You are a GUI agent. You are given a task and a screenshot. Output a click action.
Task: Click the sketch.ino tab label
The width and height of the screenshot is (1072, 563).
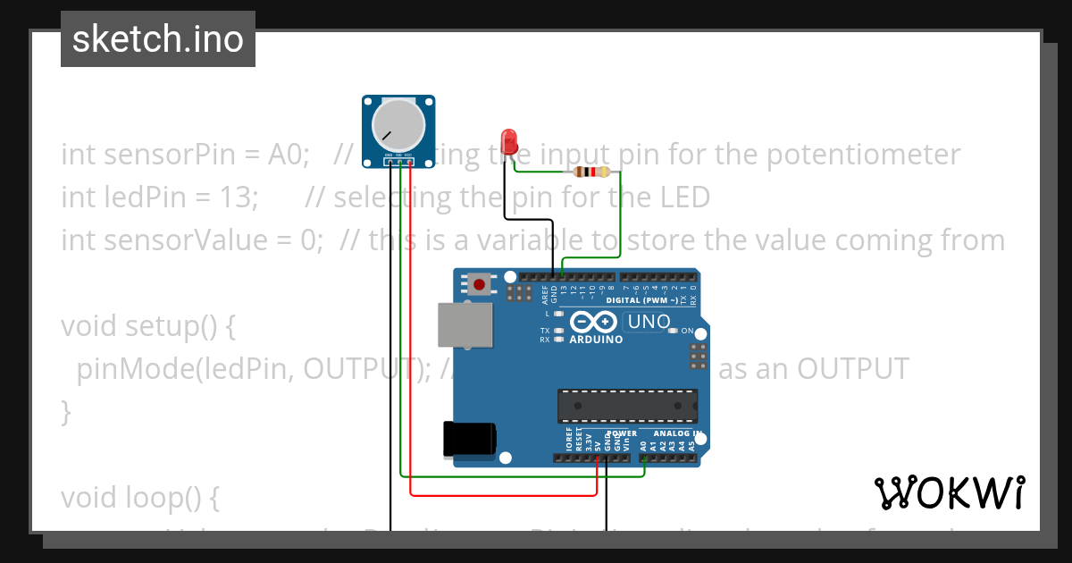(158, 39)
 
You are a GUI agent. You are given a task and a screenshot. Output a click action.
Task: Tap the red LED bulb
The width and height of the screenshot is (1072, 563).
(510, 141)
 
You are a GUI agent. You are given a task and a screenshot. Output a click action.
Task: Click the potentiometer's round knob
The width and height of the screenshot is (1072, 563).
(398, 124)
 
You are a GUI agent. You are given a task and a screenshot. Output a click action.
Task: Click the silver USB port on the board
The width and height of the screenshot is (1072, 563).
(465, 324)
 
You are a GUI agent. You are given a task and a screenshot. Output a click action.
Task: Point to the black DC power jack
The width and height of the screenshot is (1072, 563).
(469, 439)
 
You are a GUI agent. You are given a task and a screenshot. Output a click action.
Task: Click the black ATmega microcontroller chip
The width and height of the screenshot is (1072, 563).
(627, 405)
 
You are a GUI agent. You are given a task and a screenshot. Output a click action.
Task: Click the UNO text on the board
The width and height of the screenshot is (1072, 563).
(649, 322)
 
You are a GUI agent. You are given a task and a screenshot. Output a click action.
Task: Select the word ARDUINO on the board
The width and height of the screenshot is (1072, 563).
(596, 340)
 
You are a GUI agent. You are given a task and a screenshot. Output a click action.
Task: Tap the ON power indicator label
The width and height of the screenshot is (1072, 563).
(688, 331)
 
